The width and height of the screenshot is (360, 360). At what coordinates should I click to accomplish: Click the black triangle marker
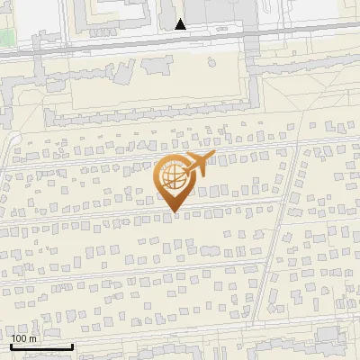[x=181, y=24]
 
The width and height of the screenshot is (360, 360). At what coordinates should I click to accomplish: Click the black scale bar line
[x=41, y=346]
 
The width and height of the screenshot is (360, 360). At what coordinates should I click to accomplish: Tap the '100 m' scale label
[x=24, y=338]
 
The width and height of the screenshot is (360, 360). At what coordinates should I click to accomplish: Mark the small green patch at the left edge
[x=4, y=38]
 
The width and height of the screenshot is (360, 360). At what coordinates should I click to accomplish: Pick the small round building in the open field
[x=211, y=62]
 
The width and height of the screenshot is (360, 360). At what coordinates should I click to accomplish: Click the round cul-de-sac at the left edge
[x=13, y=138]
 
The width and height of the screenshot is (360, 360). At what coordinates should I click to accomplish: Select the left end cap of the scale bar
[x=11, y=346]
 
